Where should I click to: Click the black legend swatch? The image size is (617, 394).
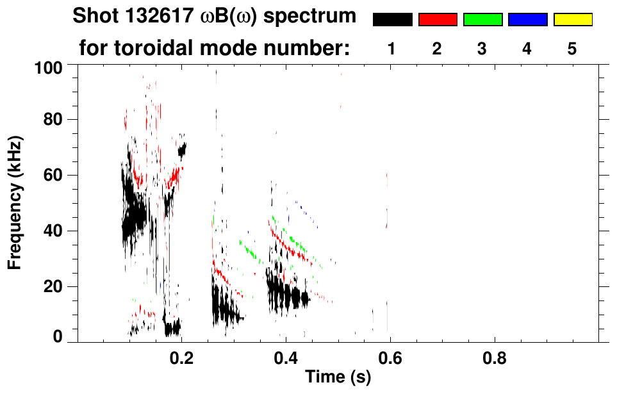393,20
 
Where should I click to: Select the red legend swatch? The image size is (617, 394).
438,20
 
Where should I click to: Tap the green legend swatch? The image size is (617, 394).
482,20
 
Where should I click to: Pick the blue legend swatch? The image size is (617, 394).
527,20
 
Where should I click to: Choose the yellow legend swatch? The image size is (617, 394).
573,20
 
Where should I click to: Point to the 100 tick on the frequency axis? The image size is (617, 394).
50,67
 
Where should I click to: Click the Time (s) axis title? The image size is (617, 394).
338,377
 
